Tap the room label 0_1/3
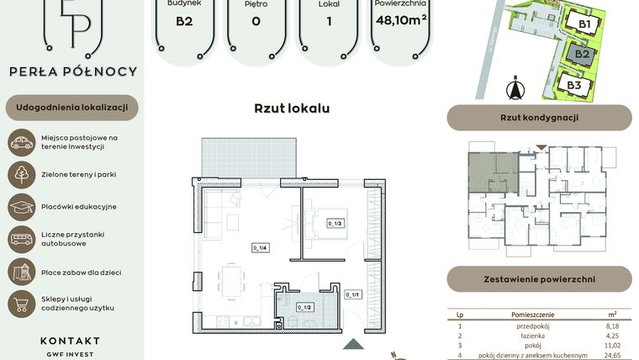[x=335, y=223]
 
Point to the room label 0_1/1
[x=352, y=294]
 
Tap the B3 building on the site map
[x=575, y=85]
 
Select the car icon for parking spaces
[x=21, y=142]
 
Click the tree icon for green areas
[x=21, y=174]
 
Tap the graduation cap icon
[x=21, y=206]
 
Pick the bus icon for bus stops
[x=21, y=239]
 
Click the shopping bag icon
[x=21, y=304]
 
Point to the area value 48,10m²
[x=401, y=20]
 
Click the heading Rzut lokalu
[x=292, y=109]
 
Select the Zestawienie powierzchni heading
[x=539, y=278]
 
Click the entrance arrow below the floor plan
[x=354, y=344]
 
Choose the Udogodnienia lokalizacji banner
[x=71, y=108]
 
